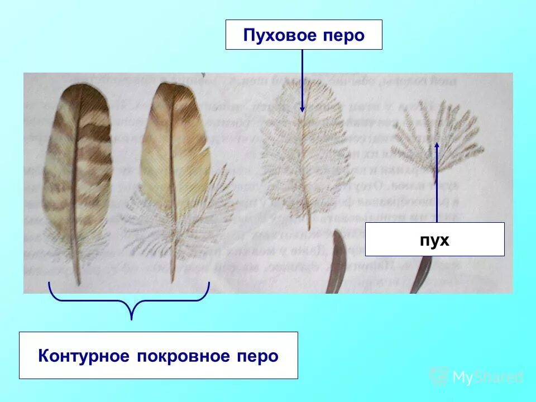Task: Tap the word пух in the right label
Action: coord(435,240)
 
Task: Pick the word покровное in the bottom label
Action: coord(179,356)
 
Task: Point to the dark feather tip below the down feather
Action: coord(337,262)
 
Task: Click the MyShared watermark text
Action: coord(487,378)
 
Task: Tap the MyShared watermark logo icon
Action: coord(439,377)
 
